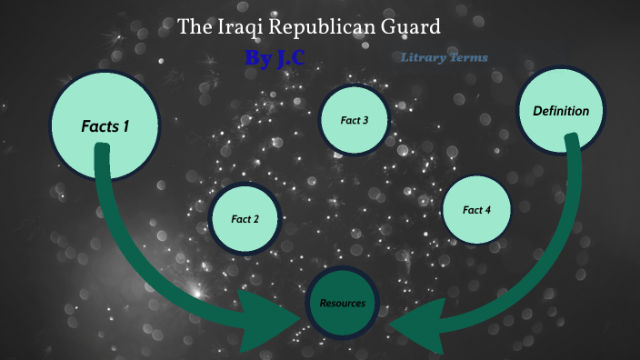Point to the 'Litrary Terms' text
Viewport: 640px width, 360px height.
[444, 57]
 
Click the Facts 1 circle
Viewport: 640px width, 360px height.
[105, 126]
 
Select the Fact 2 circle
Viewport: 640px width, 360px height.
[245, 219]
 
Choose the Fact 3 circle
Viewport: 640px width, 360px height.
[354, 119]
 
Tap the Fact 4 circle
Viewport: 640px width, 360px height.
[477, 210]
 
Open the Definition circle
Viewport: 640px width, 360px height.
[561, 112]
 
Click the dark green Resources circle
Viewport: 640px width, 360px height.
[342, 303]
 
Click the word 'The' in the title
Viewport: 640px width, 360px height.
[193, 26]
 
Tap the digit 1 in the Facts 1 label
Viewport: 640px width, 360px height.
[125, 126]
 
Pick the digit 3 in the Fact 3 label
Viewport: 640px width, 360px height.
[365, 119]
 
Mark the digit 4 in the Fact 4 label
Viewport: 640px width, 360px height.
[489, 210]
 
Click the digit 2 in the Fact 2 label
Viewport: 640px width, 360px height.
[257, 219]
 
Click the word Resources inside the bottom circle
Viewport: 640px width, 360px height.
[342, 303]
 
